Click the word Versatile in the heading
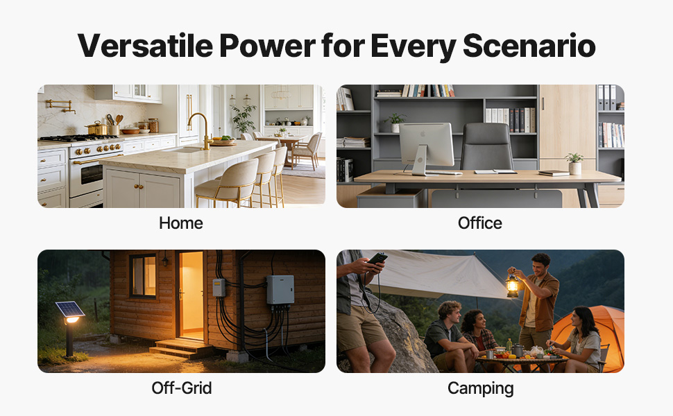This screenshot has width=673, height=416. point(145,46)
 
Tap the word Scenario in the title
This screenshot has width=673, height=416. point(529,46)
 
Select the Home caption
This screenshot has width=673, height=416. point(180,223)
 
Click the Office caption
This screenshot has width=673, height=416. point(480,223)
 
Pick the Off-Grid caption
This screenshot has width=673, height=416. point(182,388)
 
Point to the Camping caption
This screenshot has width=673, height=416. point(480,388)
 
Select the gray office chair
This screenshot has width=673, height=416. point(487,147)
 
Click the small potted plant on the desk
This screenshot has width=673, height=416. point(574,164)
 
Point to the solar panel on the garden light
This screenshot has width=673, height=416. point(69,309)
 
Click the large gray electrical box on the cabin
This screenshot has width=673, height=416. point(280,291)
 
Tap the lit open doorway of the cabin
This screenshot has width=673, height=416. point(191,295)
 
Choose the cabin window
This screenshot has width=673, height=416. point(144,276)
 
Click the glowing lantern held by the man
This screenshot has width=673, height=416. point(512,284)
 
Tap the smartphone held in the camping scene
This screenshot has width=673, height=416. point(377,258)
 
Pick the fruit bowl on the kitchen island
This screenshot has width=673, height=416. point(223,140)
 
